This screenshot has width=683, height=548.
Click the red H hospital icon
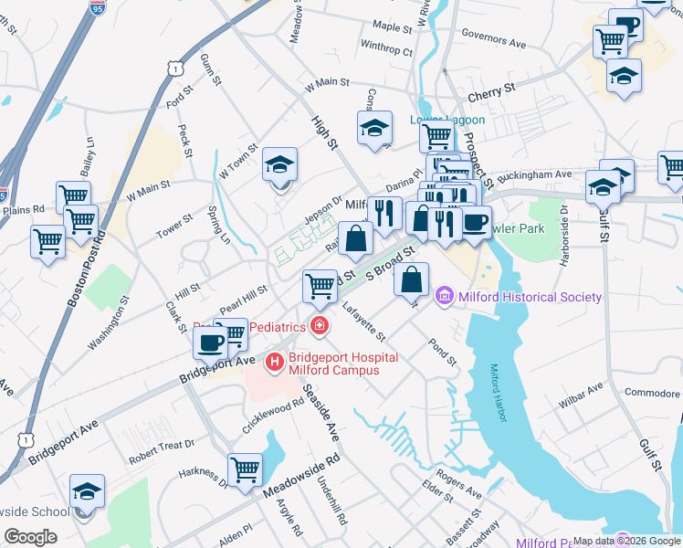tap(273, 364)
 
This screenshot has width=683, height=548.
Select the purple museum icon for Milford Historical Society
tap(445, 296)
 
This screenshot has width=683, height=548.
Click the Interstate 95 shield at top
tap(98, 8)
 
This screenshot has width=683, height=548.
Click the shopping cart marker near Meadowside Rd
tap(245, 469)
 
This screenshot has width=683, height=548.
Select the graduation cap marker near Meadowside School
tap(88, 491)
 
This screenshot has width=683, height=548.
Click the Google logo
tap(30, 536)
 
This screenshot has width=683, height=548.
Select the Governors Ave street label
tap(494, 41)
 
